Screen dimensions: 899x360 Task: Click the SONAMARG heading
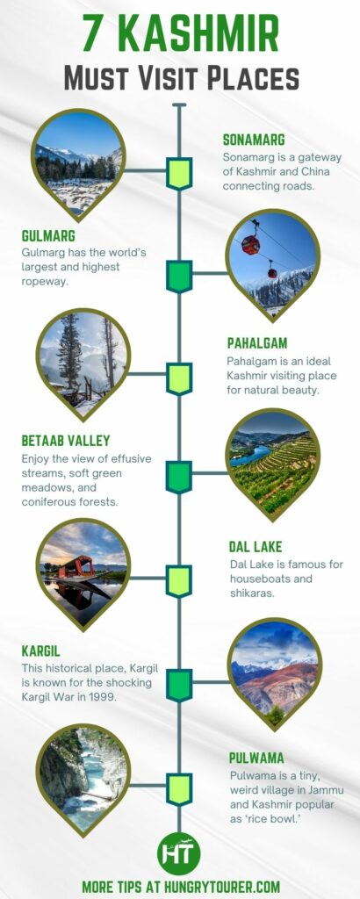[254, 140]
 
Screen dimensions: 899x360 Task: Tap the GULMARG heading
[48, 236]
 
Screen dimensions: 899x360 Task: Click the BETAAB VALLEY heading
[66, 441]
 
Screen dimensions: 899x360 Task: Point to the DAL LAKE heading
[256, 546]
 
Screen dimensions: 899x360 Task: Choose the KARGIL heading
[42, 651]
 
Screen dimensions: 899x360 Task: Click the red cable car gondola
[251, 245]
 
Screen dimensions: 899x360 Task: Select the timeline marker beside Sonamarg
[179, 173]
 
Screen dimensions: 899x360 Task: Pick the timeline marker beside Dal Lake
[179, 580]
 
